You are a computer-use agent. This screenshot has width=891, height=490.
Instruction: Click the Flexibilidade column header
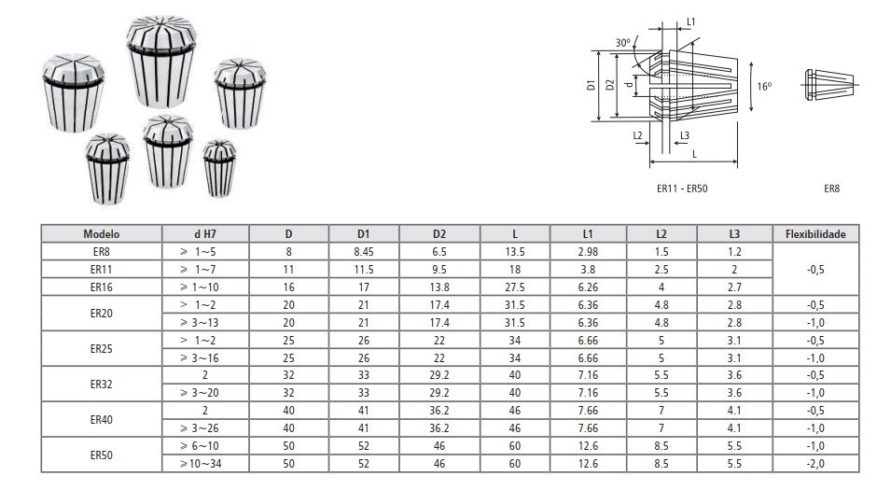(815, 234)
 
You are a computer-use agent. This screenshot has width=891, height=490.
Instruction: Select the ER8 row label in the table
(101, 252)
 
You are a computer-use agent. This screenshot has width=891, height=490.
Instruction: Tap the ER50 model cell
(101, 455)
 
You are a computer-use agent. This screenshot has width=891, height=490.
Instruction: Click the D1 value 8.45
(364, 252)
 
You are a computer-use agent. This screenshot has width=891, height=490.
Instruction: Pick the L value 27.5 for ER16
(515, 287)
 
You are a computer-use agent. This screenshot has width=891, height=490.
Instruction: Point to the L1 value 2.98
(588, 252)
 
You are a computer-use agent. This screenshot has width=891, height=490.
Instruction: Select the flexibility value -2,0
(815, 464)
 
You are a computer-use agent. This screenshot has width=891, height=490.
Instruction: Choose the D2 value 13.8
(439, 287)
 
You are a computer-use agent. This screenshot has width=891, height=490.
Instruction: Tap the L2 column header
(661, 234)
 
